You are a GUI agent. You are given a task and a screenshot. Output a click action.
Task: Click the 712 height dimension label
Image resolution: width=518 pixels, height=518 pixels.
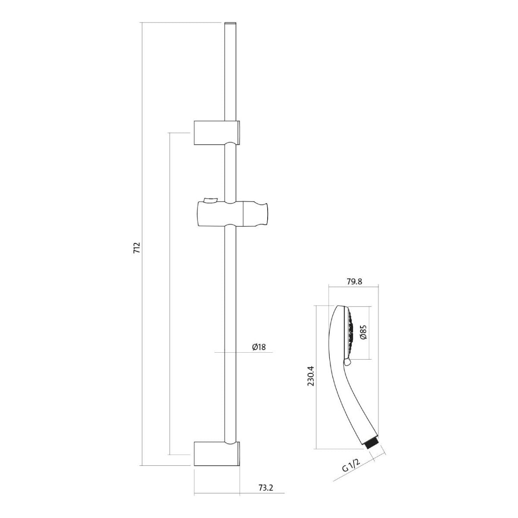pos(137,248)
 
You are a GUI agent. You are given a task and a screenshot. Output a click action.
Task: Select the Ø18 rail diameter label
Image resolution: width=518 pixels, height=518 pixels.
pos(259,347)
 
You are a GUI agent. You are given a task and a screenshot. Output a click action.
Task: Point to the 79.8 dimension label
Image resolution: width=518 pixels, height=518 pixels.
pos(354,281)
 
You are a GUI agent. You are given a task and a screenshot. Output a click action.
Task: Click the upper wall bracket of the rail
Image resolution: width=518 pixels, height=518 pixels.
pos(217,133)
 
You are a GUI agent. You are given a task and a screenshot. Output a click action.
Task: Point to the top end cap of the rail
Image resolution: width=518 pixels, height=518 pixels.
pos(230,24)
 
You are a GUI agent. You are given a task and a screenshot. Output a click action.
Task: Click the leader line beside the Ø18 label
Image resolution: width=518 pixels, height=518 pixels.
pos(243,352)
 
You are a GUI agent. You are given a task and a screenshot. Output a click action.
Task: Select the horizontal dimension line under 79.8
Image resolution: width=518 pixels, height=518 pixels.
pos(354,287)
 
